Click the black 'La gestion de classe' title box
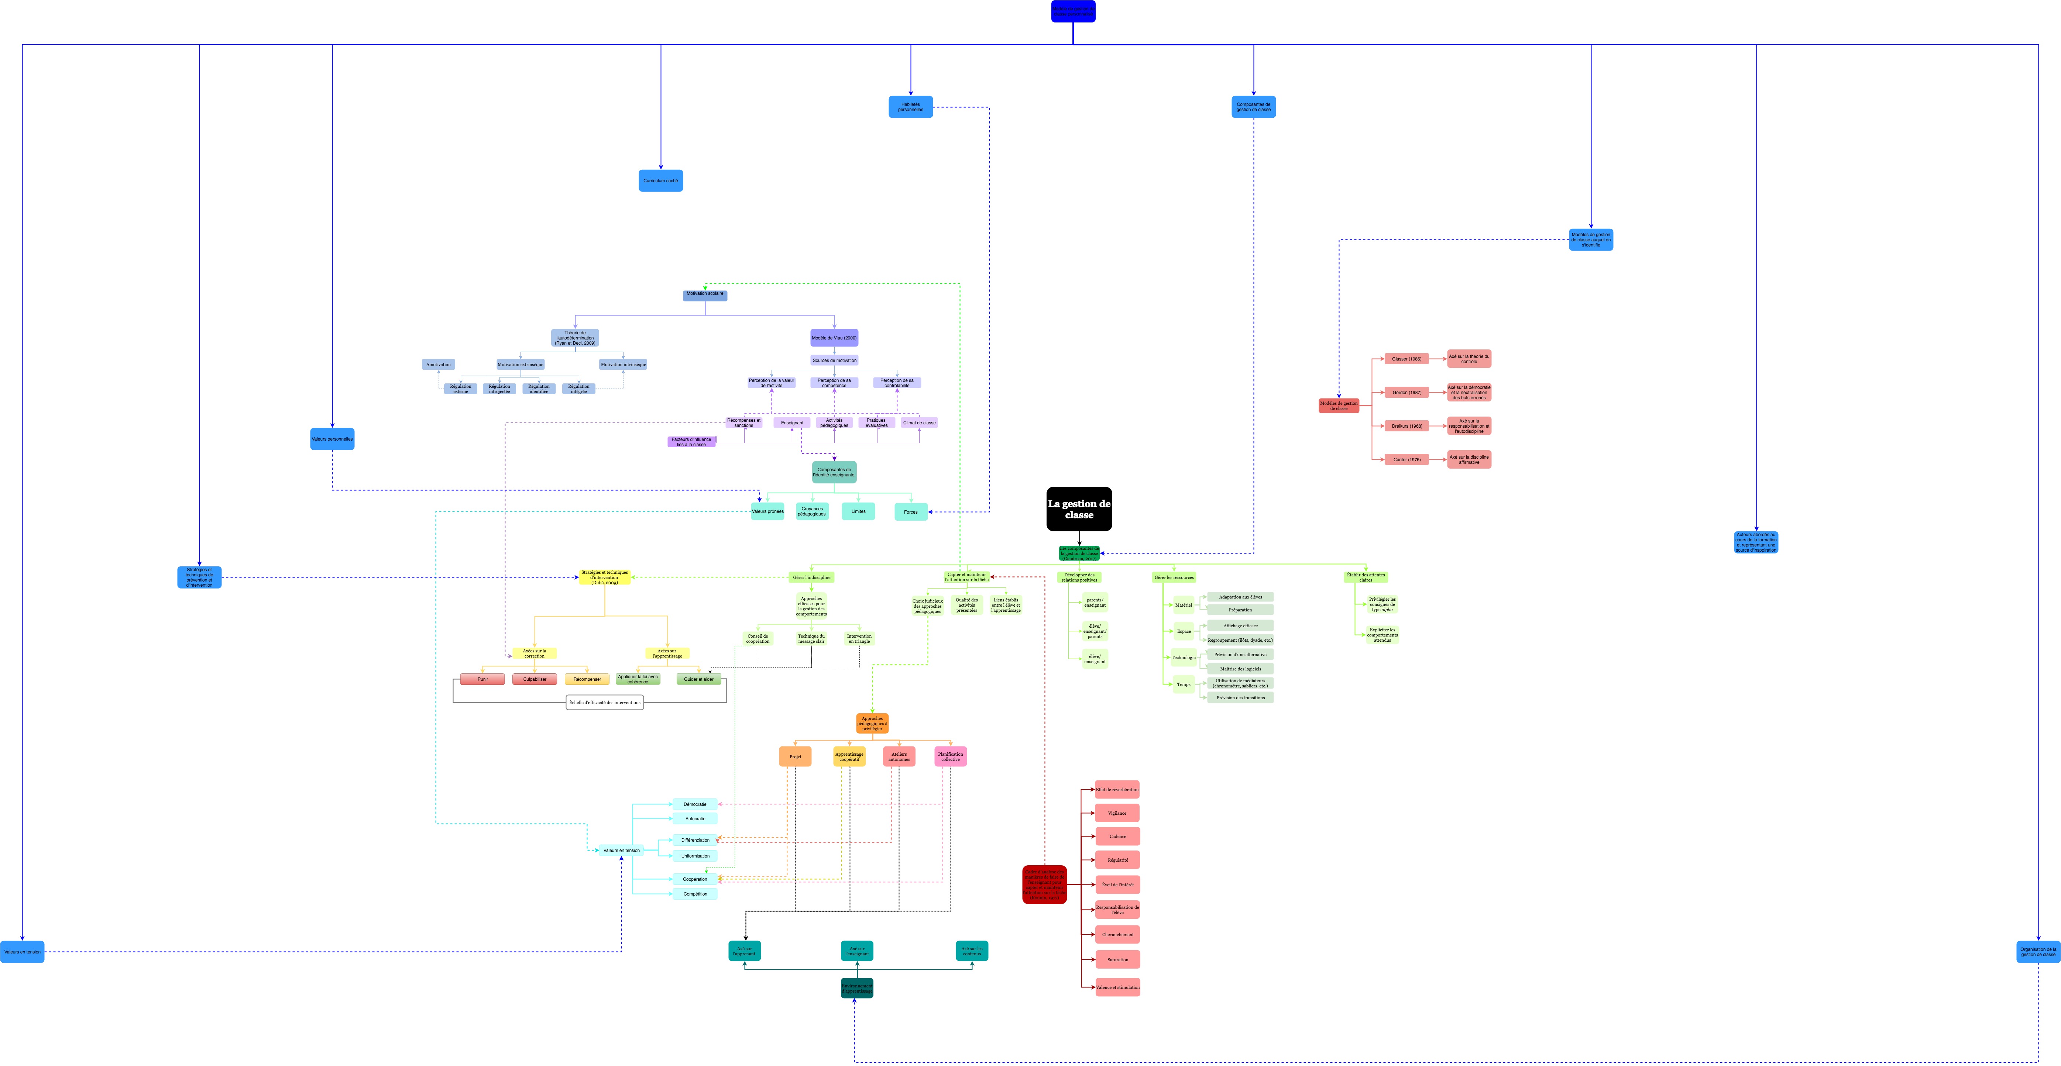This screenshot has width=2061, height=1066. (1079, 508)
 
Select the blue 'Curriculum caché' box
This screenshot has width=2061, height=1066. (660, 181)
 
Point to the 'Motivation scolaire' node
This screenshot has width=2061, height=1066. (705, 294)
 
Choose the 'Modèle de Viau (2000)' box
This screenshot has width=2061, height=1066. (834, 338)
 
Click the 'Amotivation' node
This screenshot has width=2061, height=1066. (439, 365)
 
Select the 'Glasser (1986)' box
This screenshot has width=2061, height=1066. (1406, 359)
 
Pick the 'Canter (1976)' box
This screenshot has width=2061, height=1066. (1406, 460)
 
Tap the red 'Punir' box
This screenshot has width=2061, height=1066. (482, 679)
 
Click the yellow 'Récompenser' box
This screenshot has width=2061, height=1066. (587, 679)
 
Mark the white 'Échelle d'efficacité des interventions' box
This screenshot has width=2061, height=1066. (604, 702)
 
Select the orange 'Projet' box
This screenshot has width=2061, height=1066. (794, 756)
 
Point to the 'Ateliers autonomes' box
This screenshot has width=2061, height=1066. (899, 756)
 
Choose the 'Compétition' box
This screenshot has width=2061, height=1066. (694, 894)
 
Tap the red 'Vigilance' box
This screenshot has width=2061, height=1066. (1117, 813)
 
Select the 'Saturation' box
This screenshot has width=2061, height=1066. (1117, 960)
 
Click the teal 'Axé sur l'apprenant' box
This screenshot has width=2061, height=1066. (744, 951)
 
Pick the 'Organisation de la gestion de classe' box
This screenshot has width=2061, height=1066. (2038, 952)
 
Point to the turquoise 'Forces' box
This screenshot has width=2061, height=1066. (910, 512)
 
